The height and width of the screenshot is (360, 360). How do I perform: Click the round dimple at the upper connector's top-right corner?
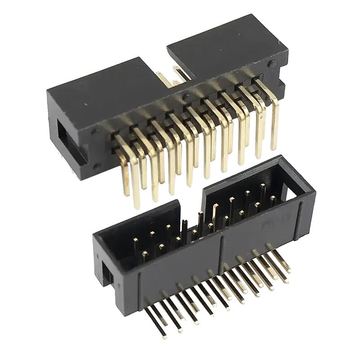tap(270, 64)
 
